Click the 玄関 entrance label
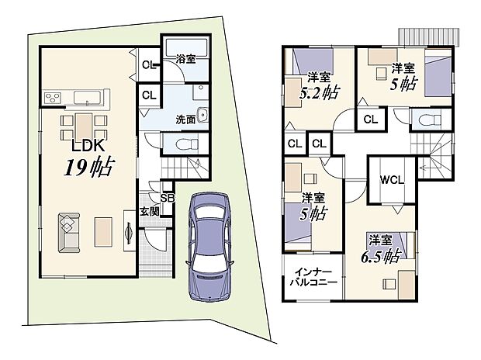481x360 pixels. pyautogui.click(x=150, y=210)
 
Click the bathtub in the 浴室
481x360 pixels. pyautogui.click(x=187, y=43)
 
